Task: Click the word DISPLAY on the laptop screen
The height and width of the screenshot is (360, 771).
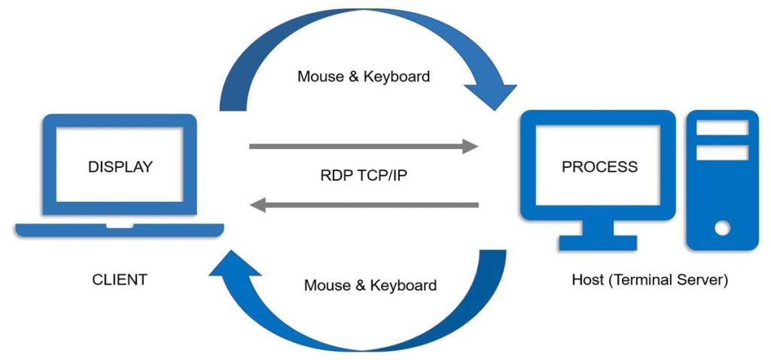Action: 120,166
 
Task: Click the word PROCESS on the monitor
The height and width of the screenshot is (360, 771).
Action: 599,166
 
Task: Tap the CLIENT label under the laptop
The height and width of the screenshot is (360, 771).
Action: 120,280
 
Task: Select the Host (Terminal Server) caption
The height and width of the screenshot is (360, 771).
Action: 650,281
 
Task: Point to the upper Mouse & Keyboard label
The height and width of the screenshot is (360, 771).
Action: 364,76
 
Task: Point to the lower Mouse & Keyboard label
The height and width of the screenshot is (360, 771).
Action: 370,285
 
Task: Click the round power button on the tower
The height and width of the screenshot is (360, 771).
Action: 722,227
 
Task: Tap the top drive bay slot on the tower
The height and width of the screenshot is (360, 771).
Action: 722,128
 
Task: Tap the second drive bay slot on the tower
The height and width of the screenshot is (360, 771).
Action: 722,153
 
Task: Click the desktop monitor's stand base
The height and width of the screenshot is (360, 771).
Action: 598,243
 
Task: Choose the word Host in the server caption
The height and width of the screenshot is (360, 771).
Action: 587,281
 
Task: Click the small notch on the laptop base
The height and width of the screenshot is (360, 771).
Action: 119,225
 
